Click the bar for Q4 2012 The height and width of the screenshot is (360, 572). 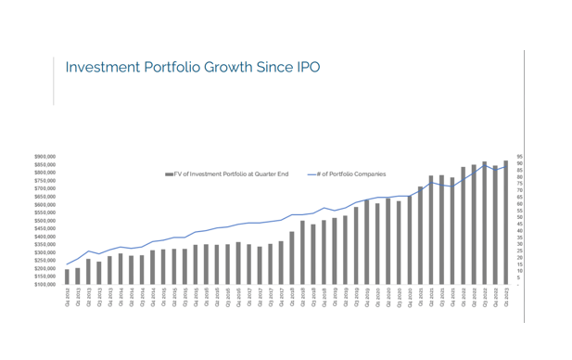pyautogui.click(x=68, y=276)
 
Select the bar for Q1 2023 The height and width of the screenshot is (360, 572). pyautogui.click(x=505, y=223)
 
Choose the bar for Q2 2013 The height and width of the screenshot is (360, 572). pyautogui.click(x=89, y=271)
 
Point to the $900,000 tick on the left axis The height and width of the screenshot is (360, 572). pyautogui.click(x=45, y=157)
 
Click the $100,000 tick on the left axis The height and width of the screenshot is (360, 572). pyautogui.click(x=45, y=284)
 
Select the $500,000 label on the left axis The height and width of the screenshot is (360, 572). pyautogui.click(x=45, y=220)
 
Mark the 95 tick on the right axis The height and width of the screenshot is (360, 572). pyautogui.click(x=520, y=157)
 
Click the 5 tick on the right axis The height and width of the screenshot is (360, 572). pyautogui.click(x=519, y=277)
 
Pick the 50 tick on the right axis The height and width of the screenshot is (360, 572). pyautogui.click(x=520, y=217)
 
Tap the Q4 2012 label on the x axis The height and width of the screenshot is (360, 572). pyautogui.click(x=68, y=297)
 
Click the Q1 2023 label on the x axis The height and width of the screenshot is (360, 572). pyautogui.click(x=505, y=297)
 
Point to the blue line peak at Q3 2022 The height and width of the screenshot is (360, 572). pyautogui.click(x=484, y=166)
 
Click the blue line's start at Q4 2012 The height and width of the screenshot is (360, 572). pyautogui.click(x=68, y=264)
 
